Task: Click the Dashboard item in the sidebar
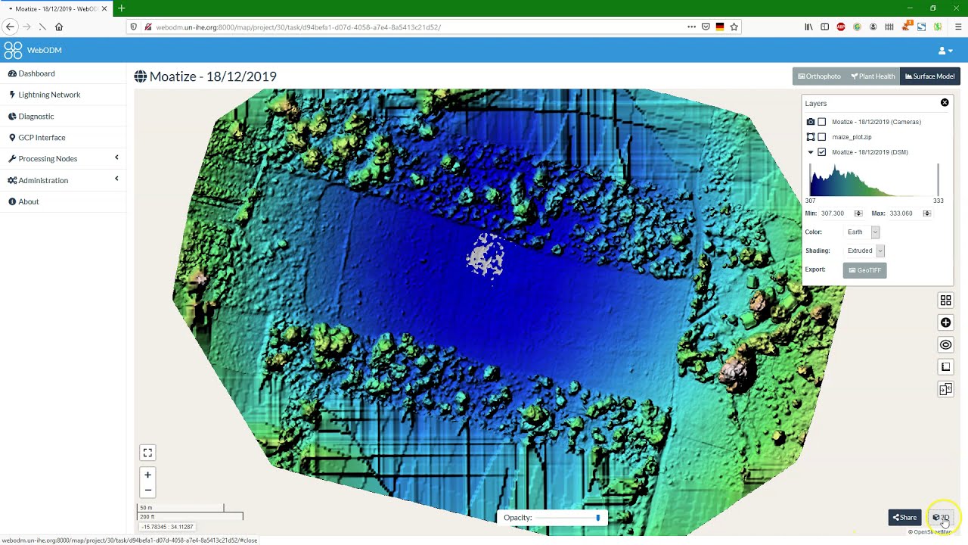point(36,73)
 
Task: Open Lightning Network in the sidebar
point(49,95)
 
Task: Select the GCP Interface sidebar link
point(42,137)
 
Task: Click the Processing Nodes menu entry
point(48,159)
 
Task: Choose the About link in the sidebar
point(29,201)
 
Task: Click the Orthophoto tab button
point(819,76)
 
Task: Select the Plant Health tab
point(873,76)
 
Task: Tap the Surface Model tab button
point(930,76)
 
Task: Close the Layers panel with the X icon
point(945,103)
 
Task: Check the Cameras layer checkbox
point(822,122)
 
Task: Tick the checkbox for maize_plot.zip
point(822,137)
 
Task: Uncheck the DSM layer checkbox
point(822,152)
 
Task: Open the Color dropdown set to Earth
point(863,232)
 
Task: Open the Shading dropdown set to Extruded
point(865,251)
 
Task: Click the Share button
point(904,518)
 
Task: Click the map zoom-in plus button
point(147,475)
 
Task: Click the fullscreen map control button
point(147,453)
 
